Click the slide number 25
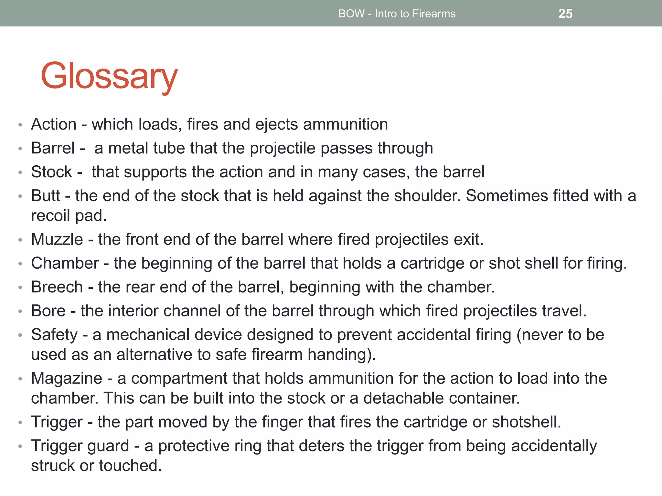[x=565, y=14]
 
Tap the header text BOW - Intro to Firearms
[x=397, y=14]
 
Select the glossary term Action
[x=54, y=124]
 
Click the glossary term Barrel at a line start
[x=53, y=148]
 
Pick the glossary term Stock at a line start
[x=51, y=172]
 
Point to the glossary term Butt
[x=46, y=196]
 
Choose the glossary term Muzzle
[x=57, y=239]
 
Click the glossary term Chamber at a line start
[x=65, y=263]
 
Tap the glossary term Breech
[x=57, y=287]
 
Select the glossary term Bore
[x=48, y=311]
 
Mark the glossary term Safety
[x=54, y=335]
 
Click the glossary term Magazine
[x=67, y=378]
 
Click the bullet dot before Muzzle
[x=20, y=240]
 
